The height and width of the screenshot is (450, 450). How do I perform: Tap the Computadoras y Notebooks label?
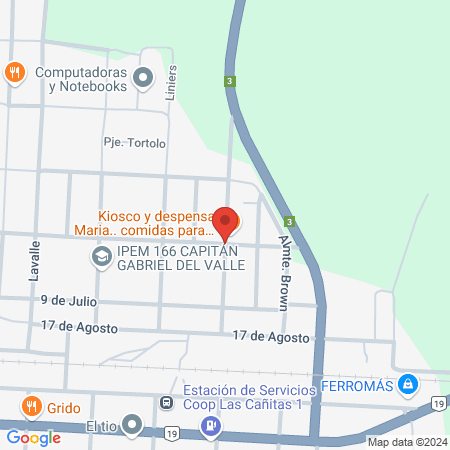click(x=80, y=79)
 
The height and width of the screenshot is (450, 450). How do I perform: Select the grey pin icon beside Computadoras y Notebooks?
click(x=144, y=76)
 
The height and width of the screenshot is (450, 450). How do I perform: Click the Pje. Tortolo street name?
click(x=135, y=143)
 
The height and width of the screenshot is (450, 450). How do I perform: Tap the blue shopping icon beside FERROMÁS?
click(x=408, y=383)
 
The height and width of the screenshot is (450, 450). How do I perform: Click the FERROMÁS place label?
click(x=357, y=384)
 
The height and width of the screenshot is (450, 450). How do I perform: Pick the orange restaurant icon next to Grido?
click(x=31, y=407)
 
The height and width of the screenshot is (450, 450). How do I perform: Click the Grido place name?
click(x=63, y=408)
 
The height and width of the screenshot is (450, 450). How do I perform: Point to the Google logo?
click(x=33, y=437)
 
